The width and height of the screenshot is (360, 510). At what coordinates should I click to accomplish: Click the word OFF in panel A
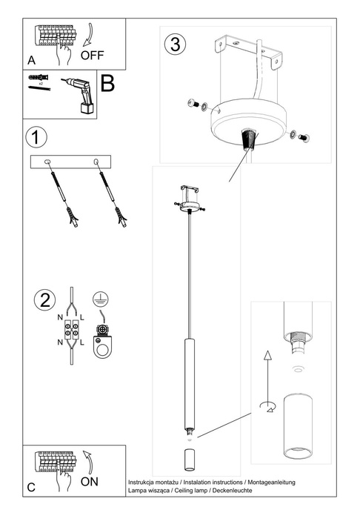click(x=93, y=55)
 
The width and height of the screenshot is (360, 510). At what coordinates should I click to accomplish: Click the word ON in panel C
click(x=90, y=480)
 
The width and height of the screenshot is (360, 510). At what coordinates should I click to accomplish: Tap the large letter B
click(x=107, y=82)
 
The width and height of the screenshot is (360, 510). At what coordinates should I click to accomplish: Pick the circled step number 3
click(x=175, y=43)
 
